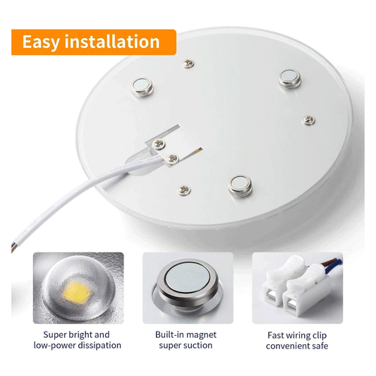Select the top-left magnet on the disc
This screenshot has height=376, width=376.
point(142,86)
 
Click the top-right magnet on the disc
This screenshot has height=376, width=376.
point(289,78)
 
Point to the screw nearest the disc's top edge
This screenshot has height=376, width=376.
point(188,64)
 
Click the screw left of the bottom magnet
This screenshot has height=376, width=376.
point(184,189)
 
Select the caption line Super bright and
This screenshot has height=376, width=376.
point(77,334)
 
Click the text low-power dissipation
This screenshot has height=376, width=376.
point(78,346)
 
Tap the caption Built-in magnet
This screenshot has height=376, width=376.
point(188,334)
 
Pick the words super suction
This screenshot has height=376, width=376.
point(188,346)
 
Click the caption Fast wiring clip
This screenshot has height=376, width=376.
point(297,334)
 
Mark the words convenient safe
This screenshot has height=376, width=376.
point(297,346)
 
